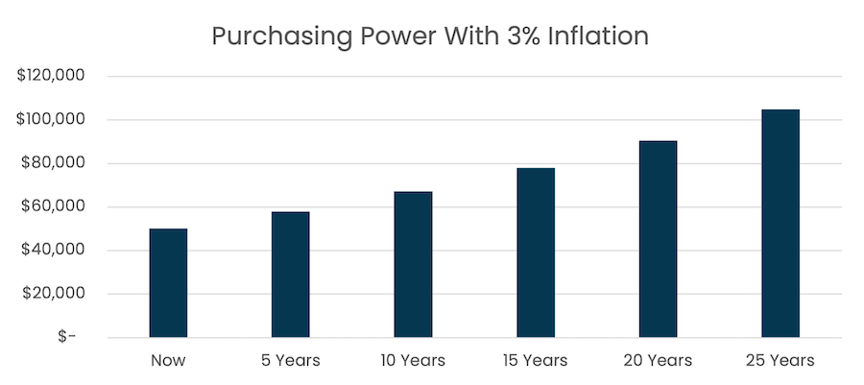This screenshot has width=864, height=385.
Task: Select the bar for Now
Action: click(x=168, y=283)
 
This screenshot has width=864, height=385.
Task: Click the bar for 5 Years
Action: click(x=290, y=275)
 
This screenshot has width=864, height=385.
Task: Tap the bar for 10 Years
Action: click(x=413, y=265)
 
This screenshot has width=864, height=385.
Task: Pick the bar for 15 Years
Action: click(x=535, y=253)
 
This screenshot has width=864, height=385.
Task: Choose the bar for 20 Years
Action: click(x=658, y=239)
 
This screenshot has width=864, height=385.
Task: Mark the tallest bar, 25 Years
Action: click(x=780, y=224)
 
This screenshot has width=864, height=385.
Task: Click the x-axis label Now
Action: click(x=168, y=361)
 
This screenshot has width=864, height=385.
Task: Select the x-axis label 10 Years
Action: click(x=413, y=361)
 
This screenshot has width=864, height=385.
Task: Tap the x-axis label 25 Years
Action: click(x=780, y=361)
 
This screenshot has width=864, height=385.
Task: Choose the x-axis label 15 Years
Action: click(x=535, y=361)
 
